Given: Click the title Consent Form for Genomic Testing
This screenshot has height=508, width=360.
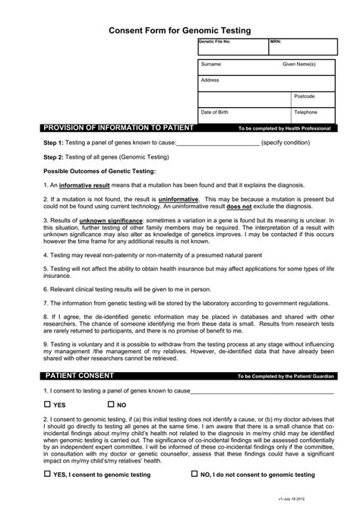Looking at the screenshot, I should point(179,30).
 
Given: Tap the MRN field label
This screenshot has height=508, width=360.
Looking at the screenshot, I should point(275,42).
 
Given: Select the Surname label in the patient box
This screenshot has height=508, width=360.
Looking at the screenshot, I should point(211,65).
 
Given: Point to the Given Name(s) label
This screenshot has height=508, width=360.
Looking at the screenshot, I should point(298,65).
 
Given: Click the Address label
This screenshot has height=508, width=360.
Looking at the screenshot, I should point(210,80).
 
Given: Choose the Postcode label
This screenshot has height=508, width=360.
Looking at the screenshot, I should point(304,96).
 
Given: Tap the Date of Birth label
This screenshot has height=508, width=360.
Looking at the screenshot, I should point(215,112).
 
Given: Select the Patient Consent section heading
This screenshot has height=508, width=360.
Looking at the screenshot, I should point(82,376).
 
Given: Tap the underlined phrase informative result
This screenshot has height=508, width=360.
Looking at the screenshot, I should point(85,185).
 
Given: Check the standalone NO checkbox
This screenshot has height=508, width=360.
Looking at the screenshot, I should point(111,405).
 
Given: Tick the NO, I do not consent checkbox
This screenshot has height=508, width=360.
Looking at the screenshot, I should point(195,474).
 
